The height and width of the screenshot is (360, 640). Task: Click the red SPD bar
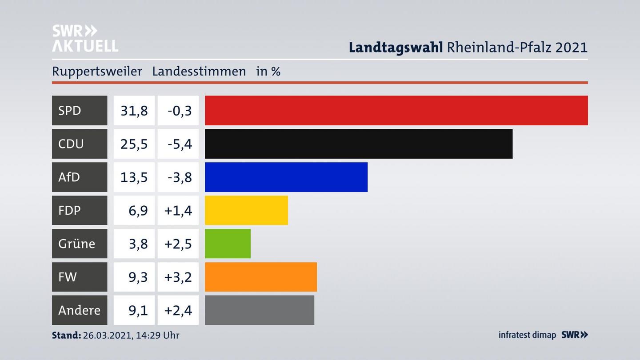point(396,110)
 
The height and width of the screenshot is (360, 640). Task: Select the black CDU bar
point(358,144)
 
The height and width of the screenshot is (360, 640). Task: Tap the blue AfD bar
point(286,177)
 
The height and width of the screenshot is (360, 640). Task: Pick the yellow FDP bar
point(246,210)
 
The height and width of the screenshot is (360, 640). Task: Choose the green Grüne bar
point(228,244)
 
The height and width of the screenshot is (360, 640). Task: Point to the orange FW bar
point(260,277)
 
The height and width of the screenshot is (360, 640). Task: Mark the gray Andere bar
point(259,310)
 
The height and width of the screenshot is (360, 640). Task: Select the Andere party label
point(79,310)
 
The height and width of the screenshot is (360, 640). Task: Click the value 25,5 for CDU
point(134,144)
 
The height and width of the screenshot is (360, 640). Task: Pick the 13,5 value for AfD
point(134,177)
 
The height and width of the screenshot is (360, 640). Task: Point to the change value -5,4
point(179,144)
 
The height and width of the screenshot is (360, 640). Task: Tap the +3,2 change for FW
point(178,277)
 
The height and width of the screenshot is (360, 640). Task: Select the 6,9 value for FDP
point(138,210)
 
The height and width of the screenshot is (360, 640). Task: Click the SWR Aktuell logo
point(85,38)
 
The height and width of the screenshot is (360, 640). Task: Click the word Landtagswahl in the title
point(396,47)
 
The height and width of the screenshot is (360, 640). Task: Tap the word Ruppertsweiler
point(97,71)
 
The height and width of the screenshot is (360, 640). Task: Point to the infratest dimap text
point(527,335)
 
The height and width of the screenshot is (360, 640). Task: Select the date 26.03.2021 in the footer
point(105,335)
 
